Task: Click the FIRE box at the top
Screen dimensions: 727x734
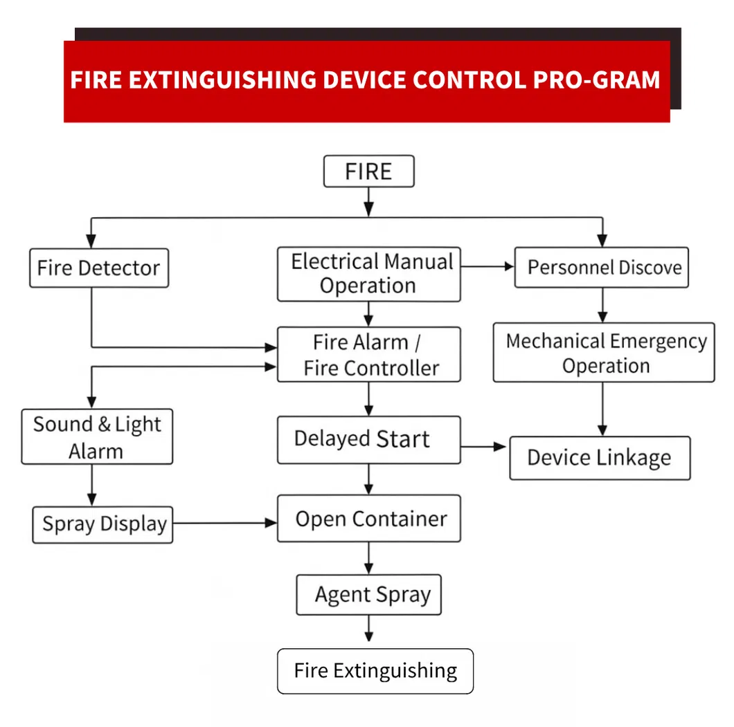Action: tap(368, 172)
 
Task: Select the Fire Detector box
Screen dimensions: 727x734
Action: tap(98, 268)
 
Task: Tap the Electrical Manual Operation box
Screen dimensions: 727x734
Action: tap(368, 274)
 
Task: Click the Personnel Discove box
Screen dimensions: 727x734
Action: tap(601, 268)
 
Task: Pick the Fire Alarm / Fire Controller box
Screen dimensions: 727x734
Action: tap(368, 355)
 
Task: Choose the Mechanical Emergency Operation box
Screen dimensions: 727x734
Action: tap(603, 353)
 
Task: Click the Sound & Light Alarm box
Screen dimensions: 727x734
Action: tap(97, 436)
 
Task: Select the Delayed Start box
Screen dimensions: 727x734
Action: tap(368, 440)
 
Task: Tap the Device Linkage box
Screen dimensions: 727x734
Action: tap(600, 458)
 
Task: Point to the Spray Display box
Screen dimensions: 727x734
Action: tap(102, 524)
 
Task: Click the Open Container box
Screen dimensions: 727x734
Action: tap(368, 519)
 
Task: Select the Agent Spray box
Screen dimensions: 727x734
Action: tap(368, 595)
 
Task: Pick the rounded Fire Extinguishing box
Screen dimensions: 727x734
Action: tap(375, 671)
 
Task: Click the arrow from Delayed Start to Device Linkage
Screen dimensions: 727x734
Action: tap(485, 447)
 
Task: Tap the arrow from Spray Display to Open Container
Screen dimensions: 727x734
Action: tap(225, 524)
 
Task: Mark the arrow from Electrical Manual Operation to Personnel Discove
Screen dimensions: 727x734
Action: tap(487, 266)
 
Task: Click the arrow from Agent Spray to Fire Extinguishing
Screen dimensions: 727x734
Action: tap(368, 629)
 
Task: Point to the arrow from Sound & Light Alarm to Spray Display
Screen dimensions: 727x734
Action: tap(91, 485)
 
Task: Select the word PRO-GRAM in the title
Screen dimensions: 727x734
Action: tap(596, 80)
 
